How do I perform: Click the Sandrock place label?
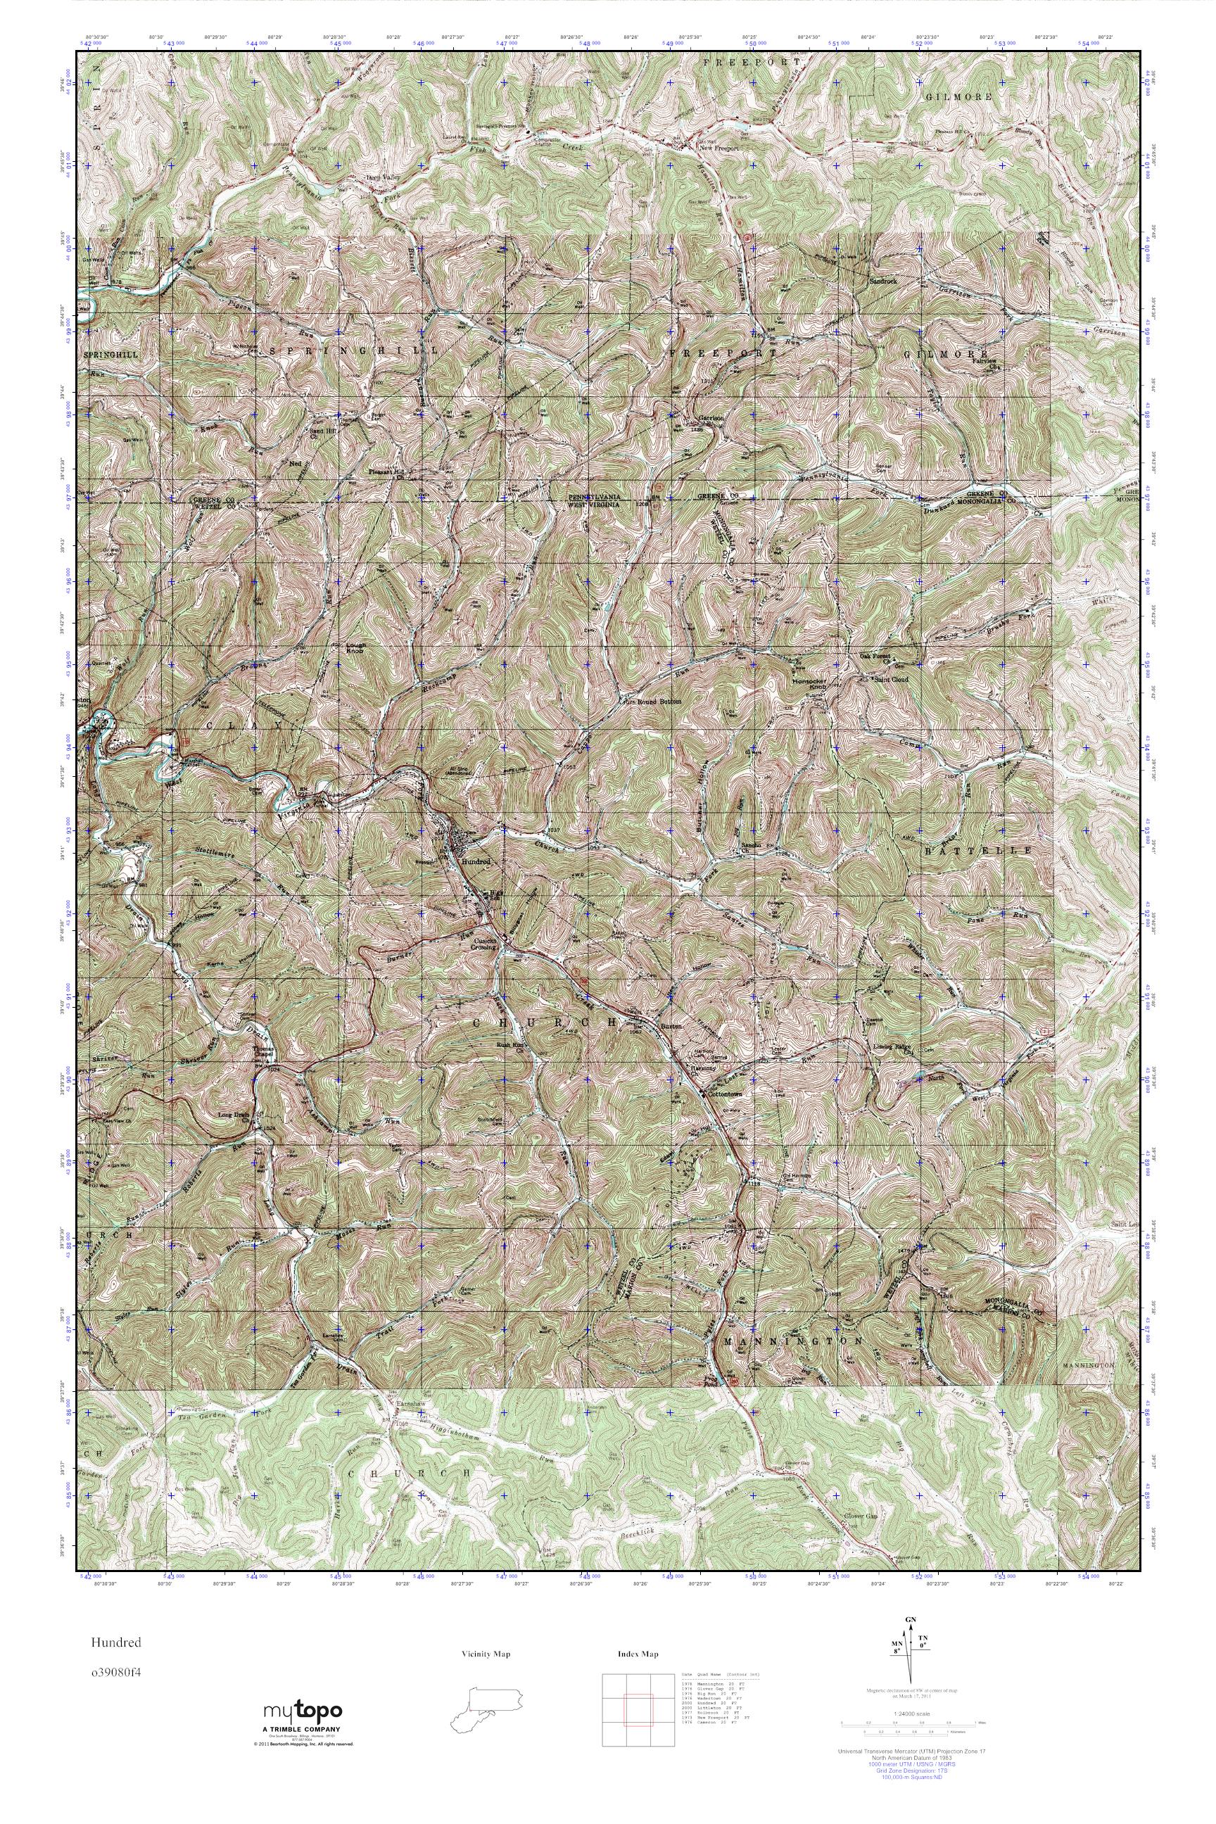point(882,281)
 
